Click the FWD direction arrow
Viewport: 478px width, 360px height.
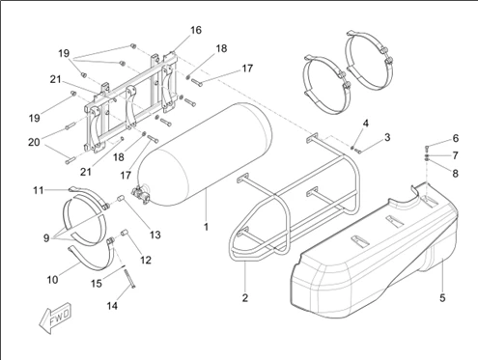click(x=55, y=318)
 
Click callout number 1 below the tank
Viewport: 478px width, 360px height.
click(x=206, y=227)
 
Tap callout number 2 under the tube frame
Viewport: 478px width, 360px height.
click(x=245, y=298)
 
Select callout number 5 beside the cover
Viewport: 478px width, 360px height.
click(x=442, y=298)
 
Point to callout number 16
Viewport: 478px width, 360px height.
click(x=196, y=30)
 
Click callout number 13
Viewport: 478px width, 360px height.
click(x=155, y=235)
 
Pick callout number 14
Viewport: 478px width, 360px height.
click(x=112, y=306)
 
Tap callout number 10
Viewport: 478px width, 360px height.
click(x=52, y=280)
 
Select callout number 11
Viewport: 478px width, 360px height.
click(x=39, y=190)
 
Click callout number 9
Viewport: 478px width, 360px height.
click(x=46, y=238)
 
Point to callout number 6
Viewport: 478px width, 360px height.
click(x=456, y=138)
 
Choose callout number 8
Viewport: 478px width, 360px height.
click(x=455, y=174)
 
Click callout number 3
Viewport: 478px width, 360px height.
click(x=387, y=137)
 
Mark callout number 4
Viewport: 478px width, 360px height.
click(x=365, y=124)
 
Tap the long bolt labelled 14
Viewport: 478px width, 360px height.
click(x=130, y=277)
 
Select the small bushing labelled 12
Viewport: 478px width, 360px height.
click(x=124, y=233)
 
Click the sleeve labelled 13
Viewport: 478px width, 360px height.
click(x=121, y=199)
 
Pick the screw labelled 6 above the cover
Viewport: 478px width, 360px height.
click(x=427, y=149)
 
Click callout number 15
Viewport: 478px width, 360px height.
click(x=97, y=284)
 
